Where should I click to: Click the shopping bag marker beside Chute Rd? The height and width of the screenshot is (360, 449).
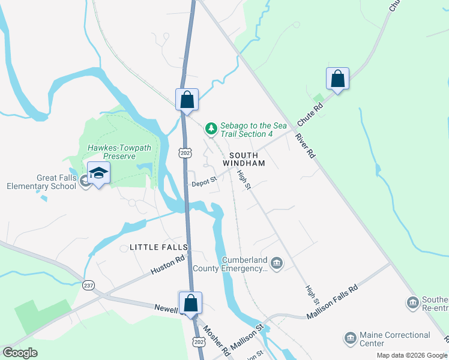click(x=337, y=79)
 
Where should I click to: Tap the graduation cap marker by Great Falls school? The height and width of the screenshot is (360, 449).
click(x=98, y=174)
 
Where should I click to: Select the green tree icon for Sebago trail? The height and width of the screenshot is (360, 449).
click(x=211, y=128)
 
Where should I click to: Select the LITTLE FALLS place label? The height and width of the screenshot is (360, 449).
click(x=158, y=247)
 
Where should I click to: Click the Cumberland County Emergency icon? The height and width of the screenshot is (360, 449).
click(x=276, y=263)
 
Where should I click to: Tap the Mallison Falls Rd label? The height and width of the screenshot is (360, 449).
click(x=332, y=302)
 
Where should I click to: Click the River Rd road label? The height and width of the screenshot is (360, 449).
click(x=305, y=145)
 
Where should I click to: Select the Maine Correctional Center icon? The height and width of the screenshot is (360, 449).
click(x=351, y=339)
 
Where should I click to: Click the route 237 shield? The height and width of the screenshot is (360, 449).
click(x=89, y=285)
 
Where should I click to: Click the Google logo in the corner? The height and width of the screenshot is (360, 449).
click(x=20, y=353)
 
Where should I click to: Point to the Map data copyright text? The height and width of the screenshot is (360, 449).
click(x=412, y=355)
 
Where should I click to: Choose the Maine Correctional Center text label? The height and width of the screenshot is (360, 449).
click(x=394, y=339)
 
